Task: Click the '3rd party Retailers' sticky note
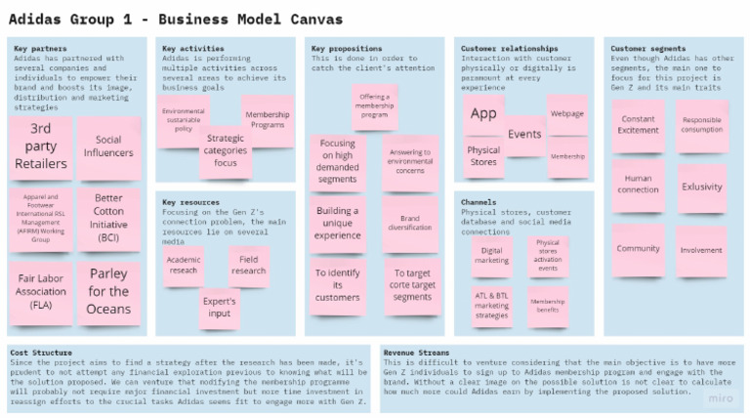click(41, 146)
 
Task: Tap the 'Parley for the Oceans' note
click(108, 291)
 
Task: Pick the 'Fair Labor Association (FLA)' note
click(41, 291)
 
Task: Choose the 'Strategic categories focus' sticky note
click(226, 150)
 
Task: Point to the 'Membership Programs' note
click(268, 120)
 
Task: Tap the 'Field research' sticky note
click(248, 264)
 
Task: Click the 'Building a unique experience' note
click(337, 224)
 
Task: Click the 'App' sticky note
click(483, 114)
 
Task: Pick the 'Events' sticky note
click(524, 135)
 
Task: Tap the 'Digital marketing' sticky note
click(491, 256)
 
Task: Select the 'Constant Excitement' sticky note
click(638, 125)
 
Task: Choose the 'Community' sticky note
click(638, 249)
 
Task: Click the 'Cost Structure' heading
click(40, 353)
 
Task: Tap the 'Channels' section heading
click(479, 202)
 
